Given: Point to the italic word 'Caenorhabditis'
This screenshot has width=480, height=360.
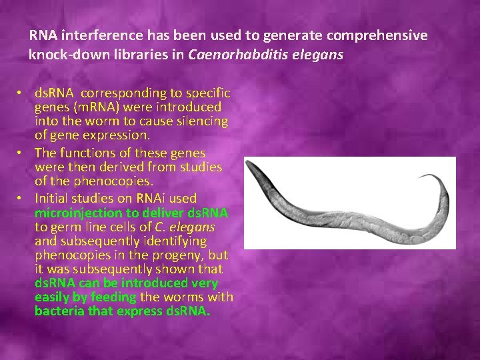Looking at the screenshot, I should click(x=233, y=55).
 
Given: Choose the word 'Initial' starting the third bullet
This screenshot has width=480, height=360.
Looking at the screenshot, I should click(x=54, y=198).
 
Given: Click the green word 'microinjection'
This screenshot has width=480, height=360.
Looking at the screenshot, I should click(x=78, y=213).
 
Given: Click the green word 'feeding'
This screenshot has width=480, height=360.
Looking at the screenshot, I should click(x=113, y=297).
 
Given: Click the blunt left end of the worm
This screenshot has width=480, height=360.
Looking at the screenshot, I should click(x=249, y=165).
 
